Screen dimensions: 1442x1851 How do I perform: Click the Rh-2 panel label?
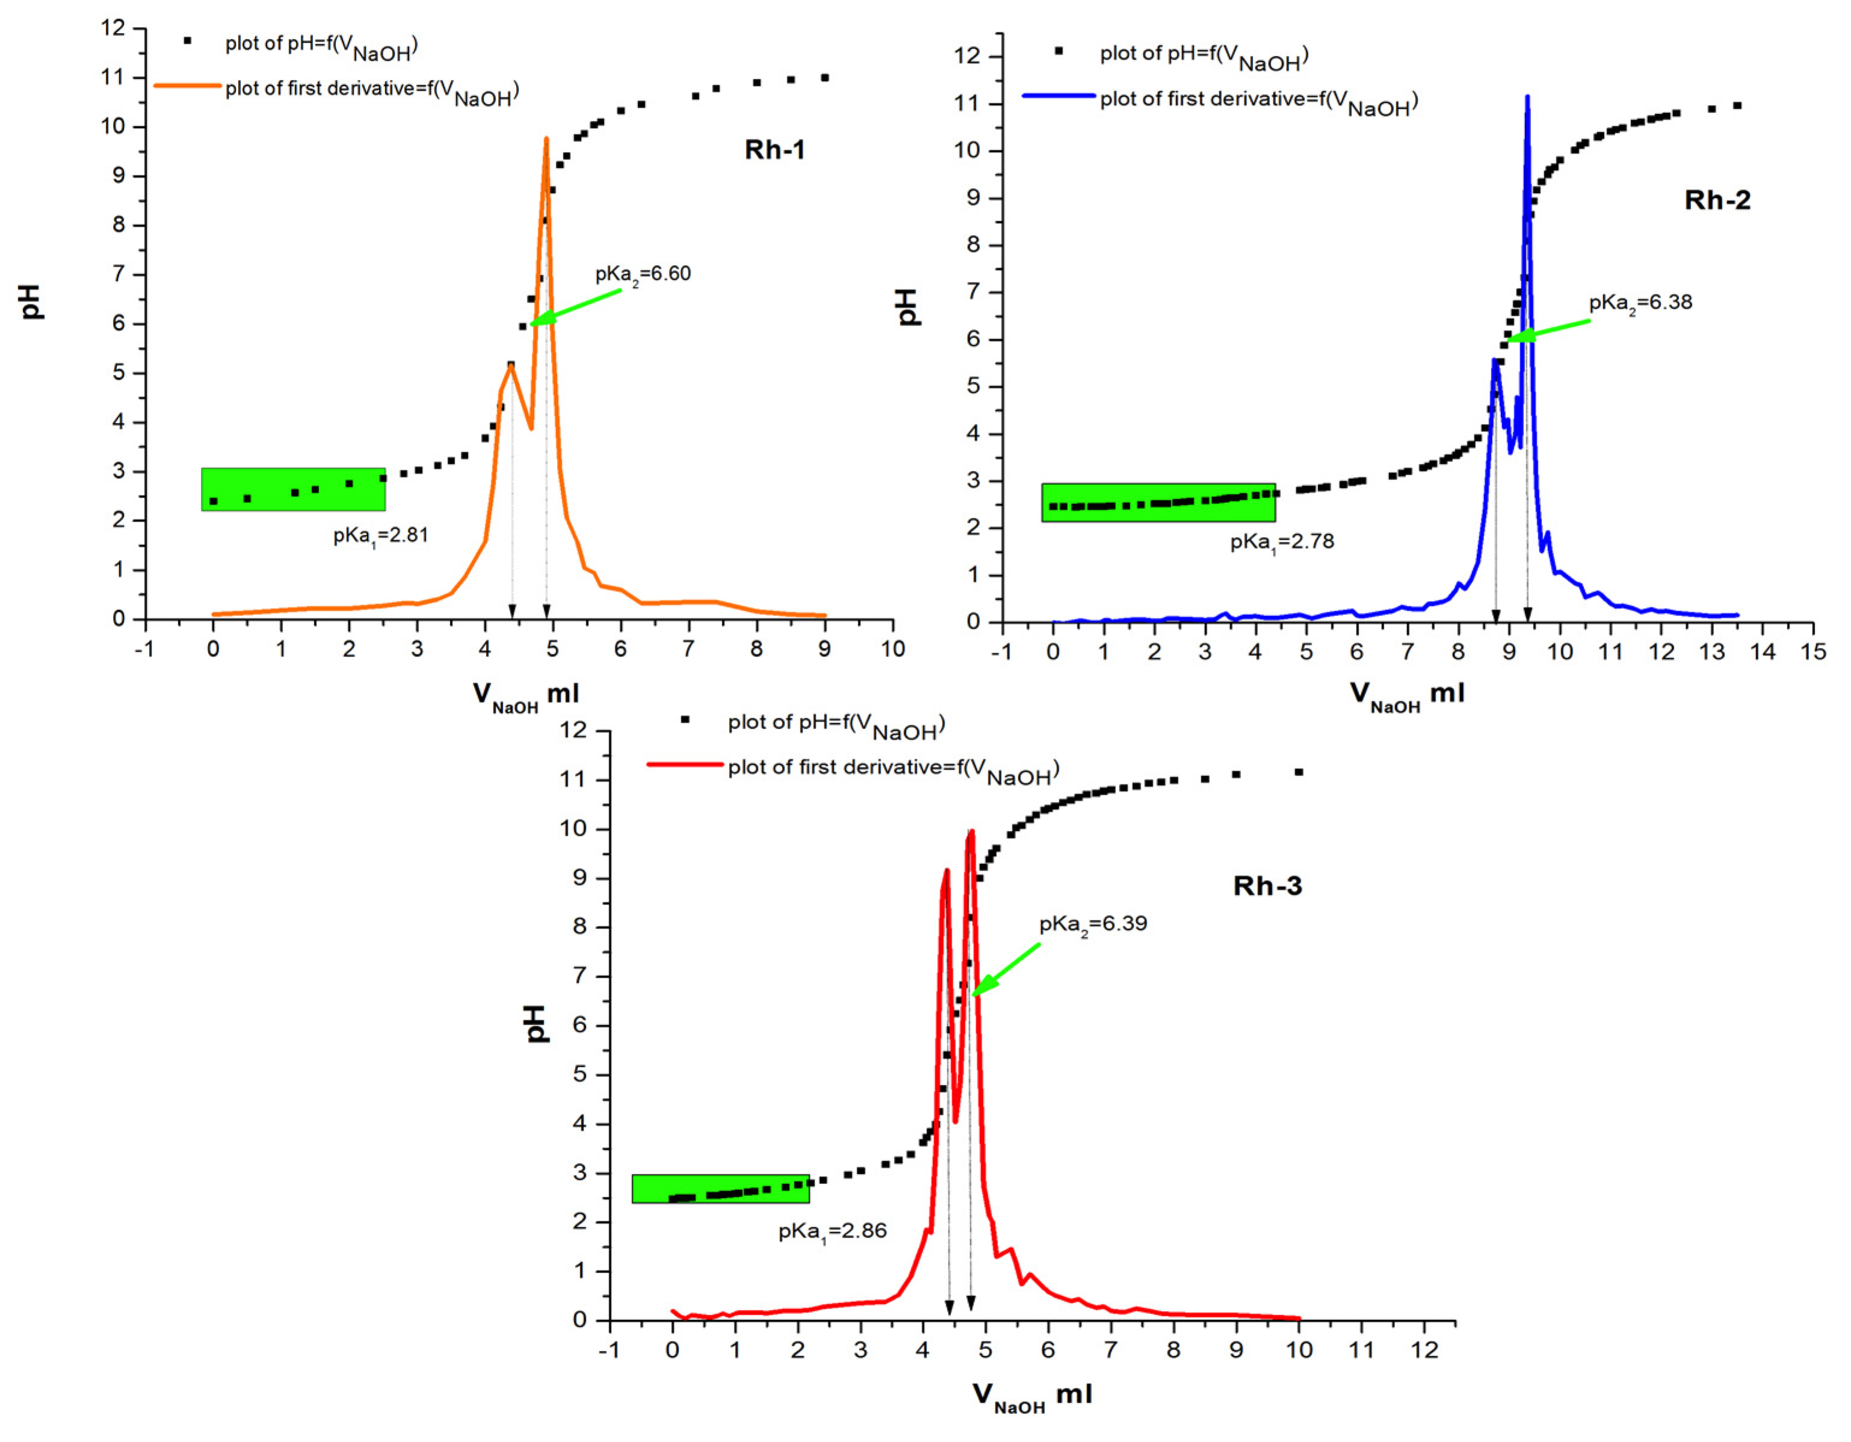pyautogui.click(x=1716, y=200)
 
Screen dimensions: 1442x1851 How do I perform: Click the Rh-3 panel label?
pyautogui.click(x=1266, y=886)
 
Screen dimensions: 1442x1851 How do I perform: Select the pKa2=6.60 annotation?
pyautogui.click(x=642, y=274)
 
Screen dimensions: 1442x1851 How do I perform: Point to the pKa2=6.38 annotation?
pyautogui.click(x=1640, y=303)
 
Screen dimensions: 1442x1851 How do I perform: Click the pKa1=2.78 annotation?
pyautogui.click(x=1281, y=541)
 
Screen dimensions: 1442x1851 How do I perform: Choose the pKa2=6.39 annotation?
pyautogui.click(x=1092, y=924)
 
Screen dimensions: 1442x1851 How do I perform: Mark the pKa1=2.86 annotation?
pyautogui.click(x=833, y=1231)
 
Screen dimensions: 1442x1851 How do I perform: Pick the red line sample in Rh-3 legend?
pyautogui.click(x=685, y=764)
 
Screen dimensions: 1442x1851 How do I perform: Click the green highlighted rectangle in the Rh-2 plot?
pyautogui.click(x=1158, y=503)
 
